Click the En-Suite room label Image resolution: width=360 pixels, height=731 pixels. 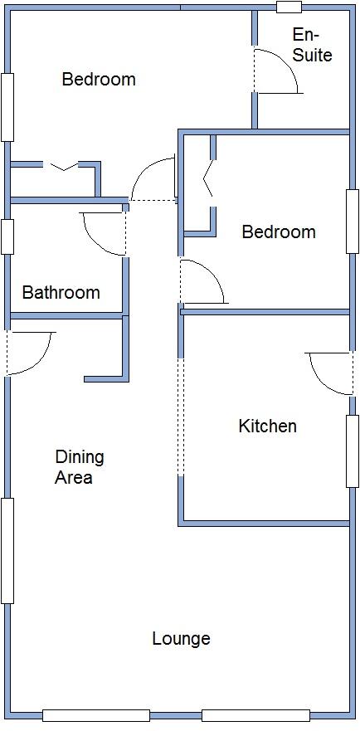pyautogui.click(x=312, y=45)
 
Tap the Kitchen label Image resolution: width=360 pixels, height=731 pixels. pyautogui.click(x=267, y=426)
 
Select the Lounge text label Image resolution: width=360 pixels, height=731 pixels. pyautogui.click(x=181, y=638)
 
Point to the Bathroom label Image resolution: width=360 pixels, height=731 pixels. pyautogui.click(x=61, y=292)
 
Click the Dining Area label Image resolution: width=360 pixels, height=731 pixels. pyautogui.click(x=80, y=467)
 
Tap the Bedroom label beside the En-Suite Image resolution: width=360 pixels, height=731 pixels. pyautogui.click(x=99, y=80)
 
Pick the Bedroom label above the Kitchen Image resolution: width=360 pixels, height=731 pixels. pyautogui.click(x=278, y=231)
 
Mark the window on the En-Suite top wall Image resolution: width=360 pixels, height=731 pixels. pyautogui.click(x=289, y=7)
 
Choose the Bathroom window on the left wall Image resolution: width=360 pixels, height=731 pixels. pyautogui.click(x=7, y=236)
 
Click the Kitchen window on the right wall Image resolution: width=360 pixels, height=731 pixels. pyautogui.click(x=352, y=451)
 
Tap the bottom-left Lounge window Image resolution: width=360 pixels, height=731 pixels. pyautogui.click(x=95, y=715)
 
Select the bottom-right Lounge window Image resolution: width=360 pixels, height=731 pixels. pyautogui.click(x=255, y=715)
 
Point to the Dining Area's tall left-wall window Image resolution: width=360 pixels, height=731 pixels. pyautogui.click(x=7, y=550)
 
